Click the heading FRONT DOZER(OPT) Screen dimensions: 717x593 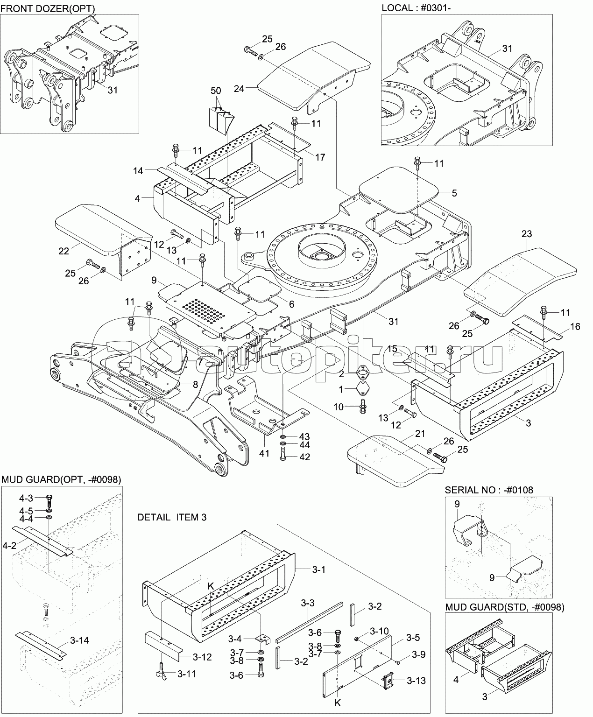pyautogui.click(x=48, y=8)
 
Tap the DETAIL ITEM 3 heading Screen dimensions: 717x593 pyautogui.click(x=172, y=517)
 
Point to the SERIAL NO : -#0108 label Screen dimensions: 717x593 pyautogui.click(x=488, y=490)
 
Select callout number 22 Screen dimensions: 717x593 pyautogui.click(x=64, y=251)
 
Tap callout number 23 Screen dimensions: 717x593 pyautogui.click(x=527, y=234)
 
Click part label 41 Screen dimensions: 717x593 pyautogui.click(x=264, y=452)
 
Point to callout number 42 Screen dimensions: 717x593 pyautogui.click(x=304, y=457)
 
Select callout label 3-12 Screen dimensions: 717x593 pyautogui.click(x=202, y=657)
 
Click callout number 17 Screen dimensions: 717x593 pyautogui.click(x=320, y=157)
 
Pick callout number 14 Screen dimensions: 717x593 pyautogui.click(x=138, y=171)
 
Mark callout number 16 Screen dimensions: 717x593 pyautogui.click(x=575, y=327)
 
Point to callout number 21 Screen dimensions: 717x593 pyautogui.click(x=420, y=434)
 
